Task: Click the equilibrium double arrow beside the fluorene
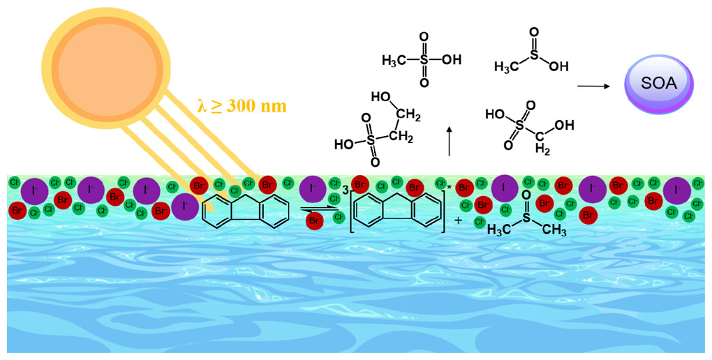(317, 207)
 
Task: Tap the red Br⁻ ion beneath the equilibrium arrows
(316, 220)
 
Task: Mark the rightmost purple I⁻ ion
(676, 190)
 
